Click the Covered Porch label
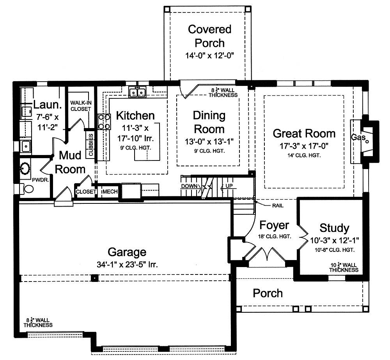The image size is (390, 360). point(210,36)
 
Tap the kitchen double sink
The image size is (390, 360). point(138,92)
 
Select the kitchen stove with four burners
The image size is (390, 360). point(104,122)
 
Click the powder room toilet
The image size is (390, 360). point(27,189)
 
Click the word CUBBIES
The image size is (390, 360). point(91,144)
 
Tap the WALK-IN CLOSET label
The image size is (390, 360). point(81,106)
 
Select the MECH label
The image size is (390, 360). point(110,191)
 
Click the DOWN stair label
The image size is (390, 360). point(189,186)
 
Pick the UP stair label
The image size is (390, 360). point(229,186)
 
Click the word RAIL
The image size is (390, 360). point(278,206)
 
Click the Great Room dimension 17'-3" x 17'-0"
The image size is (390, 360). point(304,146)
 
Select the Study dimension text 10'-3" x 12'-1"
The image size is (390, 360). point(335,241)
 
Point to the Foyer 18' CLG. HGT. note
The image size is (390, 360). point(275,237)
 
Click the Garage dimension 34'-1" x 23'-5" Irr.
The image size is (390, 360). point(127,264)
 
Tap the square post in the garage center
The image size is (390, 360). point(94,278)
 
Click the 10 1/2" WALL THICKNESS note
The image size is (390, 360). point(344,267)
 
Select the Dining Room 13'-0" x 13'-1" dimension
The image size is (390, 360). point(209,141)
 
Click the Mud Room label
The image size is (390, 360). point(70,162)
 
